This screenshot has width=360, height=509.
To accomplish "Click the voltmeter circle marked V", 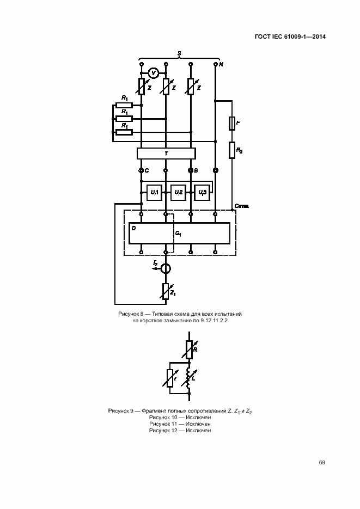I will click(x=154, y=73).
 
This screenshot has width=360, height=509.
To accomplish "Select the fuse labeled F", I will click(x=232, y=124).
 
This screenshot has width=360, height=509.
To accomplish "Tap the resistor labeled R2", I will click(x=232, y=149).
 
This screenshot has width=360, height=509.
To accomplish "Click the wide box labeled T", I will click(x=166, y=154).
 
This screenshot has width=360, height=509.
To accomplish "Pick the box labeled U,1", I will click(x=154, y=193).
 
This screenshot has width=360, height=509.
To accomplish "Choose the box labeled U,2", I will click(x=178, y=193).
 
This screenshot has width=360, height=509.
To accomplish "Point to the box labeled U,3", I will click(x=202, y=193).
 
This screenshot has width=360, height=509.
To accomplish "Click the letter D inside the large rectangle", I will click(x=134, y=229).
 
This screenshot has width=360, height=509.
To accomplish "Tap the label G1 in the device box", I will click(x=178, y=233).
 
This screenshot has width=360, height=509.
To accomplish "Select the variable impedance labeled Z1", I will click(x=166, y=292).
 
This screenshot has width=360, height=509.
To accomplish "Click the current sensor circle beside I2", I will click(x=166, y=268).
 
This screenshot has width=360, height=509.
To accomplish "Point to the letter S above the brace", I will click(x=179, y=53).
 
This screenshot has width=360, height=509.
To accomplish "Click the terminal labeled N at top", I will click(x=216, y=64).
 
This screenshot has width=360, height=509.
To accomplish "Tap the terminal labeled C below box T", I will click(x=142, y=170).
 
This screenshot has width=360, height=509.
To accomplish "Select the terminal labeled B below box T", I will click(x=191, y=170).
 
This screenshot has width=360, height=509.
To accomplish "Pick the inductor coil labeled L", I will click(x=188, y=377).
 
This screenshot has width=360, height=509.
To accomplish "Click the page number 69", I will click(x=322, y=462).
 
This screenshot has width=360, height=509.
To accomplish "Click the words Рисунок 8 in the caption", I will click(x=131, y=315).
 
